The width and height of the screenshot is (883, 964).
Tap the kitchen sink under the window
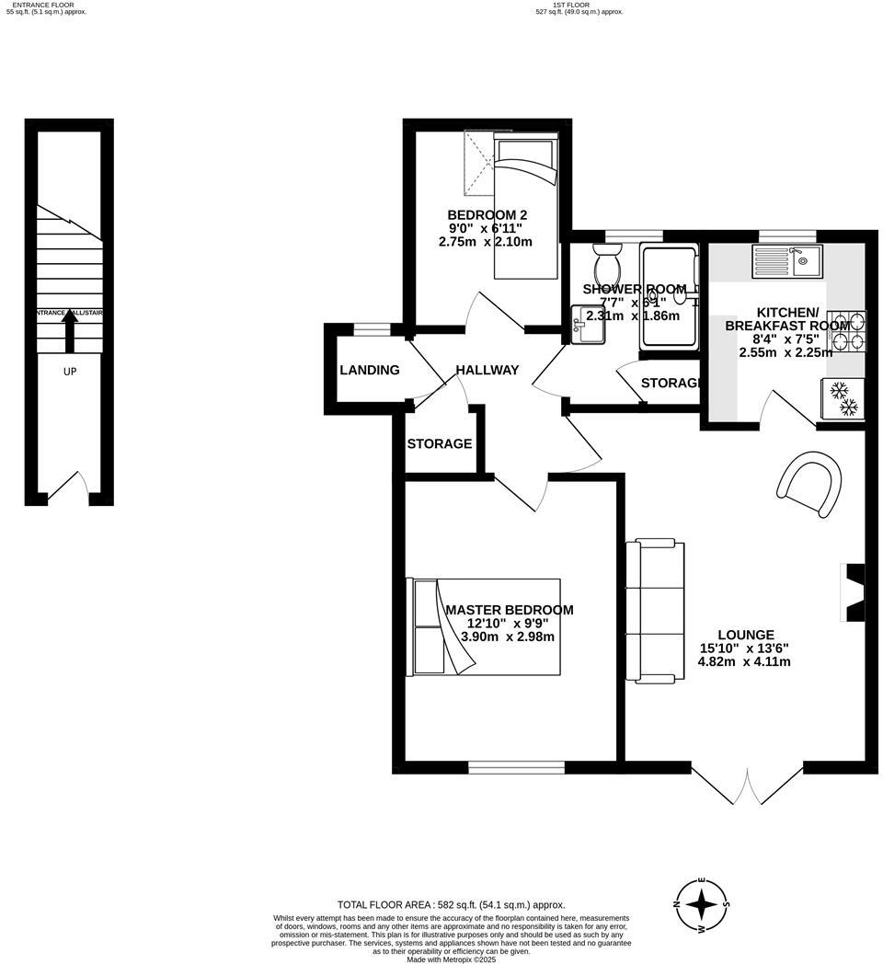[x=786, y=260]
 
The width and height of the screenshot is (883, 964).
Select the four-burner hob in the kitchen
[x=851, y=331]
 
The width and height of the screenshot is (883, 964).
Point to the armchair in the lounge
[x=811, y=482]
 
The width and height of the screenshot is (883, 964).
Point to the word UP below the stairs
[x=70, y=373]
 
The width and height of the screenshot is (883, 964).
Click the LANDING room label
[x=370, y=370]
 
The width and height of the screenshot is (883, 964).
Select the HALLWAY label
[x=487, y=370]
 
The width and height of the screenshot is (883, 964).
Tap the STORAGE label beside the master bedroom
[x=440, y=443]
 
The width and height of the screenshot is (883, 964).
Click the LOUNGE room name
[x=746, y=635]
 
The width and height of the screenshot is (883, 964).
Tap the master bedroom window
[x=516, y=765]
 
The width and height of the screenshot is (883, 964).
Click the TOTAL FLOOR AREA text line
[x=451, y=904]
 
